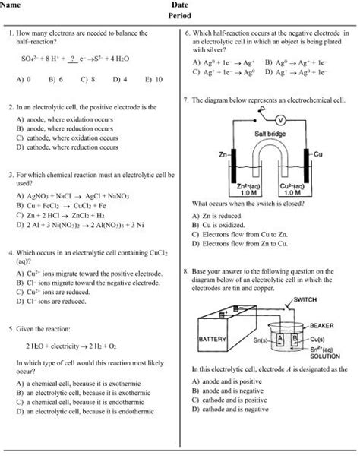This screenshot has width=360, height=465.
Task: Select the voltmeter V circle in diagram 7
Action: pos(279,120)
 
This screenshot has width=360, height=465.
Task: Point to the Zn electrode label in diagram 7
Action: pos(223,155)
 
